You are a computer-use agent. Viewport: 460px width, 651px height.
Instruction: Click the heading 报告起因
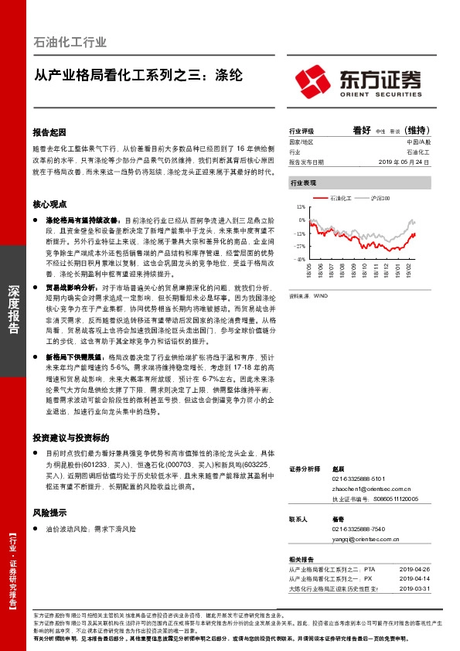coord(50,132)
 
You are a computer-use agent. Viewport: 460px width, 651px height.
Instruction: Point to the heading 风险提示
coord(50,513)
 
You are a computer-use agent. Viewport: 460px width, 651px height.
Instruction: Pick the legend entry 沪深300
coord(379,199)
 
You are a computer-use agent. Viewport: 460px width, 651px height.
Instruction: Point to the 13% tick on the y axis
coord(301,208)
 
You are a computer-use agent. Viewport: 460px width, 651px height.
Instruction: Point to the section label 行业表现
coord(303,182)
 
